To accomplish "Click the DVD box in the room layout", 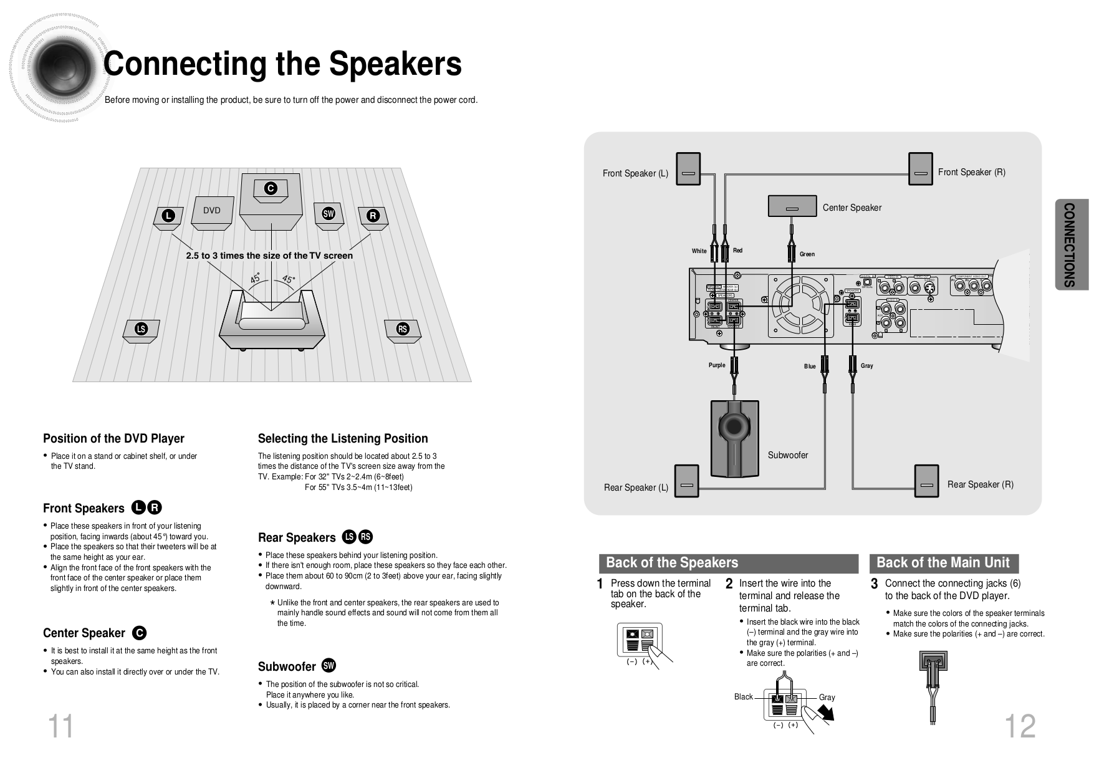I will (212, 211).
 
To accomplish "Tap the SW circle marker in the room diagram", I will (329, 214).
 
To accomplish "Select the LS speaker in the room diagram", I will (141, 329).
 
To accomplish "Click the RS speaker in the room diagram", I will (403, 329).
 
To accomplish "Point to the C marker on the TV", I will (270, 189).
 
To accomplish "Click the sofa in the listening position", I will (272, 318).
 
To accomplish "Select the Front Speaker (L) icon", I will (688, 169).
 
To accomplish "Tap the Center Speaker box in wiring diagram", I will (792, 206).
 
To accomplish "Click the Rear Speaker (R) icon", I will (926, 481).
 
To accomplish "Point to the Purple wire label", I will (717, 365).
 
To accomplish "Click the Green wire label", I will (807, 254).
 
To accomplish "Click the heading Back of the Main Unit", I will (943, 563).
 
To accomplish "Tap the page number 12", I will (1019, 727).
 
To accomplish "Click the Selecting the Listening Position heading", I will (343, 438).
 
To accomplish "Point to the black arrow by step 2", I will (827, 712).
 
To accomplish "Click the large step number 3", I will (874, 584).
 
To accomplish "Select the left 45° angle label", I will (255, 278).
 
